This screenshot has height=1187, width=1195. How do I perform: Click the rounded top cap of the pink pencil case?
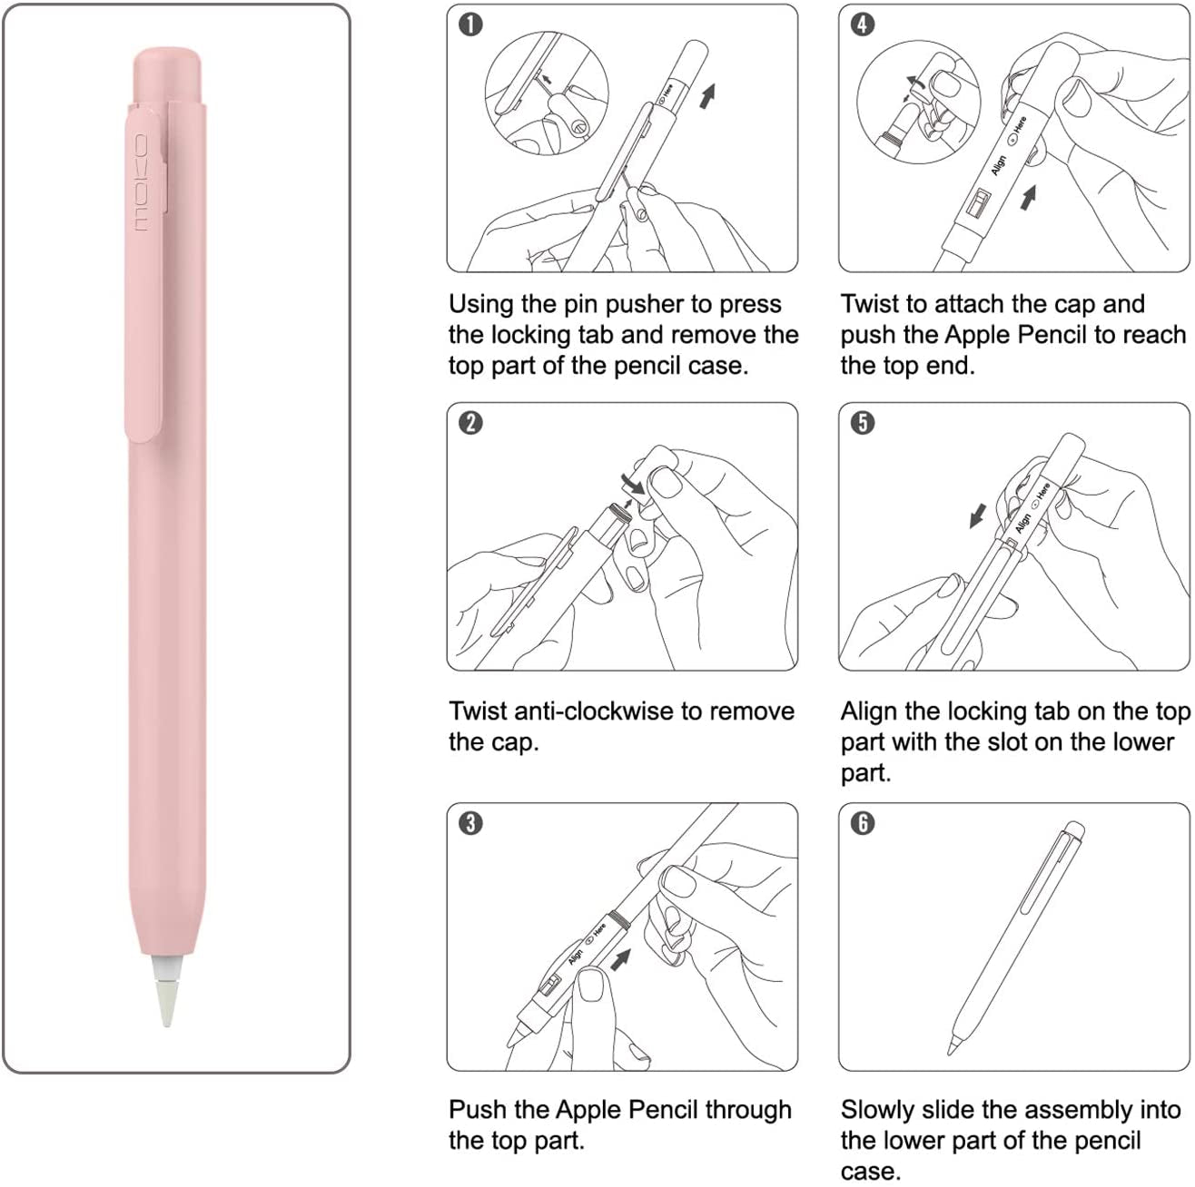pos(166,74)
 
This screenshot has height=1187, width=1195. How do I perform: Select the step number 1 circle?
pos(470,25)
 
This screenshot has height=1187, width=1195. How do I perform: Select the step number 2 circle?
pos(470,423)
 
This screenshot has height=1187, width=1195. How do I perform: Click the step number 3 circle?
pos(470,823)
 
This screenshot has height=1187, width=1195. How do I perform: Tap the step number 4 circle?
pos(863,25)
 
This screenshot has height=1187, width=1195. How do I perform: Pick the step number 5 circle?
pos(863,423)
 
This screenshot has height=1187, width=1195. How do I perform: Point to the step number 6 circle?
pos(863,823)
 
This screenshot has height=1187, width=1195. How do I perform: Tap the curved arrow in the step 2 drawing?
pos(632,481)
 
